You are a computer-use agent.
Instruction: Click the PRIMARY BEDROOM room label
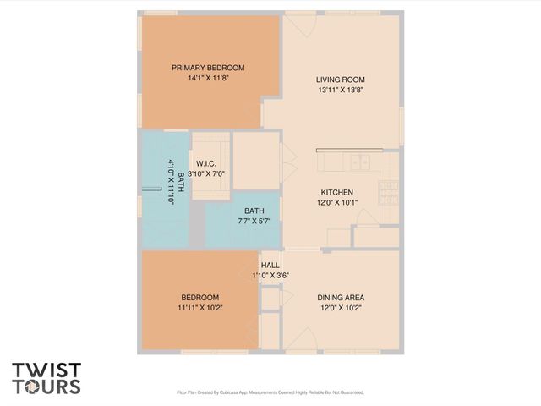tap(208, 68)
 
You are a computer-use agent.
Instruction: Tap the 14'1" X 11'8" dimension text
tap(208, 78)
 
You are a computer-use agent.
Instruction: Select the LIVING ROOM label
tap(342, 80)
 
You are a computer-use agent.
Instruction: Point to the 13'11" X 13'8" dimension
tap(342, 90)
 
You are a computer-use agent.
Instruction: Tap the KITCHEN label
tap(336, 192)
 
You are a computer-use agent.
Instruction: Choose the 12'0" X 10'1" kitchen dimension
tap(336, 202)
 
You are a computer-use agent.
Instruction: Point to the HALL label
tap(270, 265)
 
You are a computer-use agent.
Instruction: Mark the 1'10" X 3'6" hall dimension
tap(270, 275)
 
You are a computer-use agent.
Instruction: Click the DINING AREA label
tap(341, 297)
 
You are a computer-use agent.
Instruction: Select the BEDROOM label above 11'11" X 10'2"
tap(199, 297)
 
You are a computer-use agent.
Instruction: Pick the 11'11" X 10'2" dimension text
tap(199, 307)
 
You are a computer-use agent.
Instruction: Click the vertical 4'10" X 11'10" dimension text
tap(171, 183)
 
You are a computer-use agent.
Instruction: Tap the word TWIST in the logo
tap(46, 370)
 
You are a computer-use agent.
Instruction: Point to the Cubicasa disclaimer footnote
tap(270, 392)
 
